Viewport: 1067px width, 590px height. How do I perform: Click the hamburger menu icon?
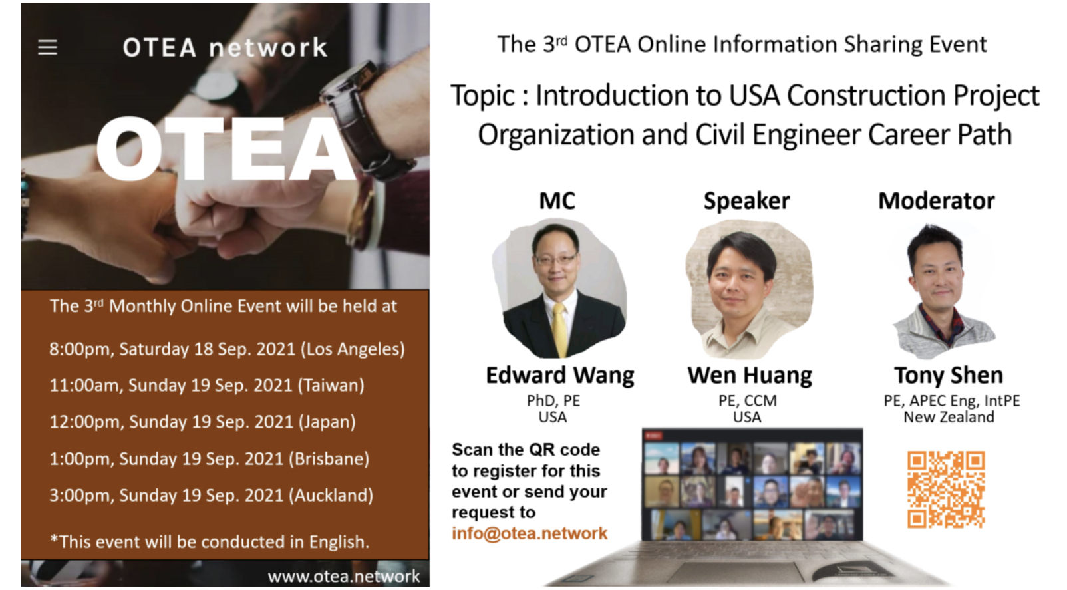pos(48,47)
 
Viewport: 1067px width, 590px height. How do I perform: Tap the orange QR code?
pos(945,490)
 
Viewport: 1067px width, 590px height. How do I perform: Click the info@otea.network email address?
pos(530,533)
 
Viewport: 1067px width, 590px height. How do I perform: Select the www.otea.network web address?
pos(343,576)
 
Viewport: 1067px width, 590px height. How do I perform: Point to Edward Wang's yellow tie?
pos(561,329)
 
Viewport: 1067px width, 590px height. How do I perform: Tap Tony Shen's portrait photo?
pos(943,291)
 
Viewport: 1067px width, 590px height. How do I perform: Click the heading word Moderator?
pos(937,200)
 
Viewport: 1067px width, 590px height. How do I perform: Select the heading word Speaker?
pos(746,201)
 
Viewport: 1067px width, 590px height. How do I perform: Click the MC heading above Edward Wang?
pos(557,200)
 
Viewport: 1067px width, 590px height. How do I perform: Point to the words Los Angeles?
pos(353,349)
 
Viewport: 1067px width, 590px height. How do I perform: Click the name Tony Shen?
pos(949,375)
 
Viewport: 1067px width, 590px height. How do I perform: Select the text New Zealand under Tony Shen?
pos(949,417)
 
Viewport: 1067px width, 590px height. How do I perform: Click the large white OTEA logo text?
pos(226,149)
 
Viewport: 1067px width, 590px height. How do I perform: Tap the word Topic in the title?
pos(482,96)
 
